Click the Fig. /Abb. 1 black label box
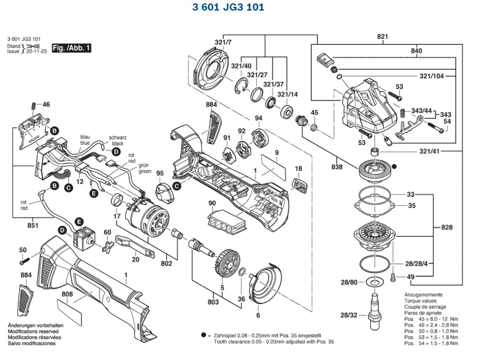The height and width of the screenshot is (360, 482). (71, 48)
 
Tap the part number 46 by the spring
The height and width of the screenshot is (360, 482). (46, 104)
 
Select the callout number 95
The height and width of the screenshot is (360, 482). (160, 173)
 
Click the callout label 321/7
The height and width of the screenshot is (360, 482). (223, 42)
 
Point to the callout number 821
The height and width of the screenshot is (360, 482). (382, 37)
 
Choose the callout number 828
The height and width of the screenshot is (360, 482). (446, 227)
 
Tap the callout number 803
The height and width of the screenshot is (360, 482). (213, 302)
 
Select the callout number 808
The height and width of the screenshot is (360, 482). (67, 294)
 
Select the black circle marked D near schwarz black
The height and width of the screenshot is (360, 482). (116, 152)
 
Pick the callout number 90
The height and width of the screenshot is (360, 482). (212, 204)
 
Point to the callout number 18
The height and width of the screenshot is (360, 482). (299, 169)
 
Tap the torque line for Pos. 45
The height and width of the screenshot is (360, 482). (431, 319)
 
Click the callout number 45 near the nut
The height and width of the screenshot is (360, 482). (314, 113)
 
